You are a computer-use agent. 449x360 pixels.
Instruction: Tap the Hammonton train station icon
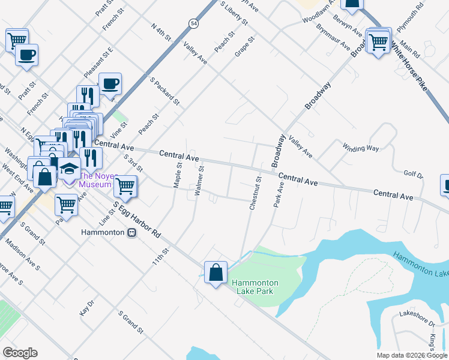point(131,233)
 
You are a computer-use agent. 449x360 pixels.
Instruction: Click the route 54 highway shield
point(193,23)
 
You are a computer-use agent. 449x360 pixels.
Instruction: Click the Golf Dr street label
point(414,175)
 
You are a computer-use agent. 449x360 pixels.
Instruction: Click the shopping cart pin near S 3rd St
point(125,186)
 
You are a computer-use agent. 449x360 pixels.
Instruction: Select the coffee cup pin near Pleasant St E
point(110,84)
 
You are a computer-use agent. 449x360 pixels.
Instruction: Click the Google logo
point(20,353)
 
